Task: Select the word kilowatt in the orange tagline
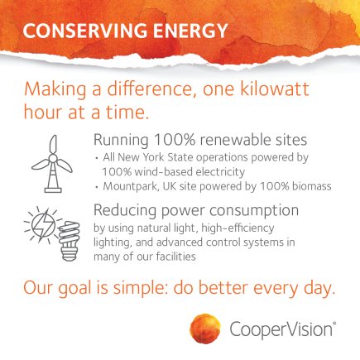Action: point(275,89)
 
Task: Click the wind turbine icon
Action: point(52,164)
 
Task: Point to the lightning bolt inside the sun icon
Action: point(44,225)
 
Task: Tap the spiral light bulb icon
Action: point(69,241)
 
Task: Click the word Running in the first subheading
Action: point(121,140)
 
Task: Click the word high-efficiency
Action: point(238,228)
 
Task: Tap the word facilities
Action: point(175,257)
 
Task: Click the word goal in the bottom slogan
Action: point(74,289)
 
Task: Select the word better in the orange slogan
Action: point(223,288)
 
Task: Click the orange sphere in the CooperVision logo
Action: point(205,329)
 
